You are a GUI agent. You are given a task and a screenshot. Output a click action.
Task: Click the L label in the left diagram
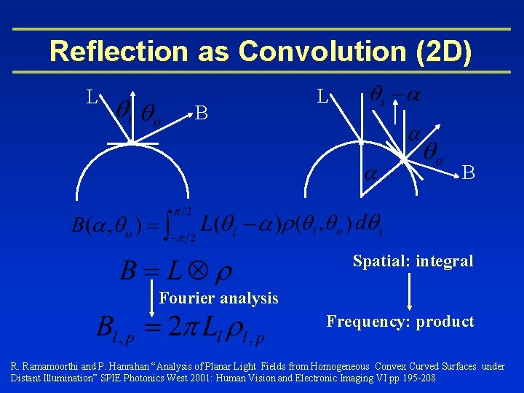(92, 96)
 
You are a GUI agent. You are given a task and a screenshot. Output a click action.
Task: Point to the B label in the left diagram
(202, 113)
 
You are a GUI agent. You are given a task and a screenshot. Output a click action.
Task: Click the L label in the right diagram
(322, 96)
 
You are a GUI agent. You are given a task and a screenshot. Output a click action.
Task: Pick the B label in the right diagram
(469, 172)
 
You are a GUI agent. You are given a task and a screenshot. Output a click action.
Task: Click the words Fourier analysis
(218, 298)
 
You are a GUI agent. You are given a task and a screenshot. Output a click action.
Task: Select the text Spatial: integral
(413, 261)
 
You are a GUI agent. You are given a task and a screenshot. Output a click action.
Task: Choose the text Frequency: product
(400, 321)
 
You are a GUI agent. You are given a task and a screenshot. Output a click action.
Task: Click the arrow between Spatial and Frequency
(411, 290)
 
